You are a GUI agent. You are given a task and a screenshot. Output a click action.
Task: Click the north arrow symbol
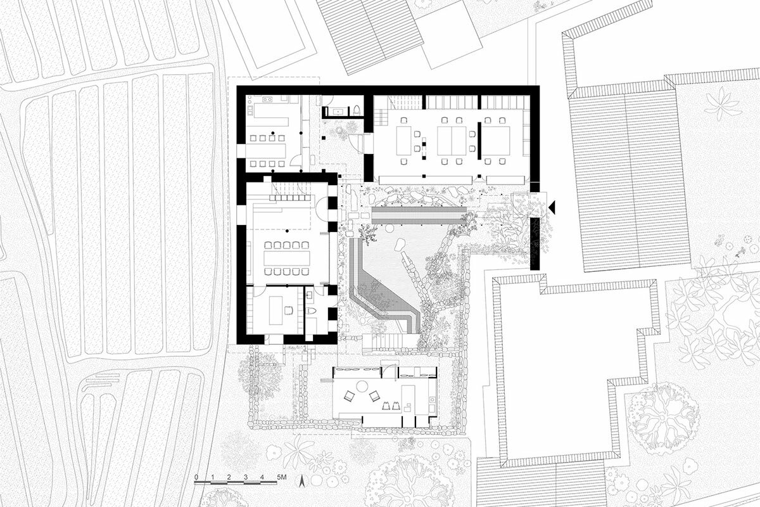click(301, 480)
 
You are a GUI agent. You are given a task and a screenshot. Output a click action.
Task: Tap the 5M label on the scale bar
click(282, 477)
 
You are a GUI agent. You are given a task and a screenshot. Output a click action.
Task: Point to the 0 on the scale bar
click(196, 477)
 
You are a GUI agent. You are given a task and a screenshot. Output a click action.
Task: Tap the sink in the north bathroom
click(339, 112)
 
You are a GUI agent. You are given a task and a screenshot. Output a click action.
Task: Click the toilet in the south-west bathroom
click(312, 311)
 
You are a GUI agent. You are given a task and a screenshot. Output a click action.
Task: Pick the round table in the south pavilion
click(362, 386)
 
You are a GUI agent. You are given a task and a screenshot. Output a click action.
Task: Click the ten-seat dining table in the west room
click(287, 259)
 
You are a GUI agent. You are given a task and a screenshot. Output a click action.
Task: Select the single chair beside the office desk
click(289, 311)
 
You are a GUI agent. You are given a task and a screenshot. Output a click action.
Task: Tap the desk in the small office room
click(276, 311)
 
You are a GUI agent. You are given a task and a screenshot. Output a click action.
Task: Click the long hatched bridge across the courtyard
click(419, 215)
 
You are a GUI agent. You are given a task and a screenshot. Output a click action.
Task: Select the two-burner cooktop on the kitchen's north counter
click(267, 99)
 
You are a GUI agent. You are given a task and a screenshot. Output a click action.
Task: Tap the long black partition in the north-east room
click(479, 141)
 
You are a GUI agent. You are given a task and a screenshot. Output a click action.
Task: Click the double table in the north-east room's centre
click(452, 141)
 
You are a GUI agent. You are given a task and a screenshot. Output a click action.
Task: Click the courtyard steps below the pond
click(383, 340)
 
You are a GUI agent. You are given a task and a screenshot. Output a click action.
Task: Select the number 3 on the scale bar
click(246, 477)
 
